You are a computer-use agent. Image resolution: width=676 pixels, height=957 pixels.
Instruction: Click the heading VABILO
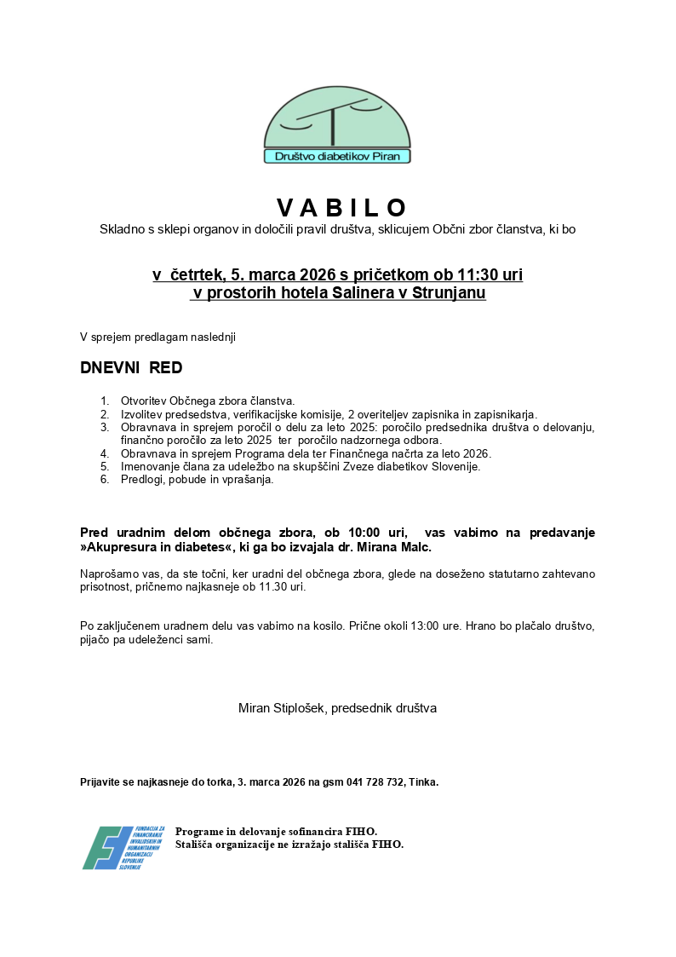point(342,208)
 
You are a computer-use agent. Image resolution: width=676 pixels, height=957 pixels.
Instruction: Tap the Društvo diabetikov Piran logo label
point(337,157)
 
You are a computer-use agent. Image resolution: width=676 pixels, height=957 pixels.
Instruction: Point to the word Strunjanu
point(449,293)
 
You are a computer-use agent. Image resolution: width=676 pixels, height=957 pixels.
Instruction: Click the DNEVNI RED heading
point(131,368)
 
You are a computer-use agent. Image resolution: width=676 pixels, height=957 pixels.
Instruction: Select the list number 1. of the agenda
point(105,401)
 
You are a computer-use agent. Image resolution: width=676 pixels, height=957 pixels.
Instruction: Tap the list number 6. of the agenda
point(105,480)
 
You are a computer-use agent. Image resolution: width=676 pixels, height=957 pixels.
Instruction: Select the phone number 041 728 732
point(375,781)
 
